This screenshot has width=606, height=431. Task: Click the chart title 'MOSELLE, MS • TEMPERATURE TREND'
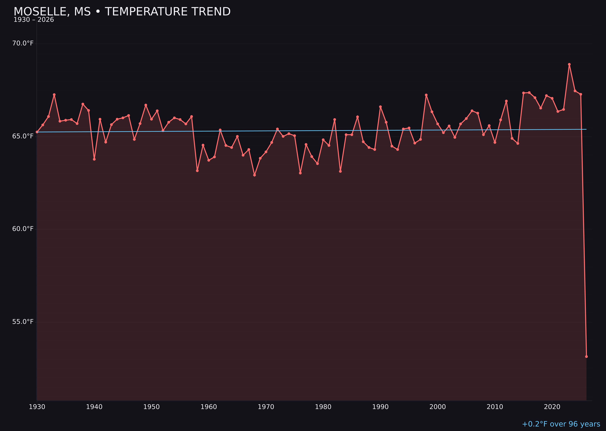click(x=122, y=12)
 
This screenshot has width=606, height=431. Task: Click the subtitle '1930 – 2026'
click(x=34, y=20)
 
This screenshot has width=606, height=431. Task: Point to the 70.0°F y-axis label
click(x=23, y=43)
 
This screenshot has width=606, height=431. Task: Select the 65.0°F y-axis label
click(x=23, y=136)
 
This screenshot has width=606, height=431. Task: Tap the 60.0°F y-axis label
click(x=23, y=229)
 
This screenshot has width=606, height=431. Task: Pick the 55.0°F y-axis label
click(x=23, y=322)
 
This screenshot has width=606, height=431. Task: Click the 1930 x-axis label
click(x=37, y=407)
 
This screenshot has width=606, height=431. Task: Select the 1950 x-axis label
click(x=151, y=407)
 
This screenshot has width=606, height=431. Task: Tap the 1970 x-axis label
click(x=266, y=407)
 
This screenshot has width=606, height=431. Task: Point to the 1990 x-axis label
click(x=380, y=407)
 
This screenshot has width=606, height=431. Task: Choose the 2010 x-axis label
click(x=495, y=407)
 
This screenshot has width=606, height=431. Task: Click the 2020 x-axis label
click(x=552, y=407)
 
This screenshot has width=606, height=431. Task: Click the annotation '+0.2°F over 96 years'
click(x=561, y=424)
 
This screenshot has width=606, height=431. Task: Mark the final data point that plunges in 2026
click(x=586, y=356)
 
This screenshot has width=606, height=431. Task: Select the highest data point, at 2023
click(x=569, y=64)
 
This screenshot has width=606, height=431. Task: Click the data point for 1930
click(x=37, y=132)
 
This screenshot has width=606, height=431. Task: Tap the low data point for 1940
click(x=94, y=159)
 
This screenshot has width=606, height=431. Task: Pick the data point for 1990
click(x=380, y=107)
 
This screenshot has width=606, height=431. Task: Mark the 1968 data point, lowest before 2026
click(x=255, y=175)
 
